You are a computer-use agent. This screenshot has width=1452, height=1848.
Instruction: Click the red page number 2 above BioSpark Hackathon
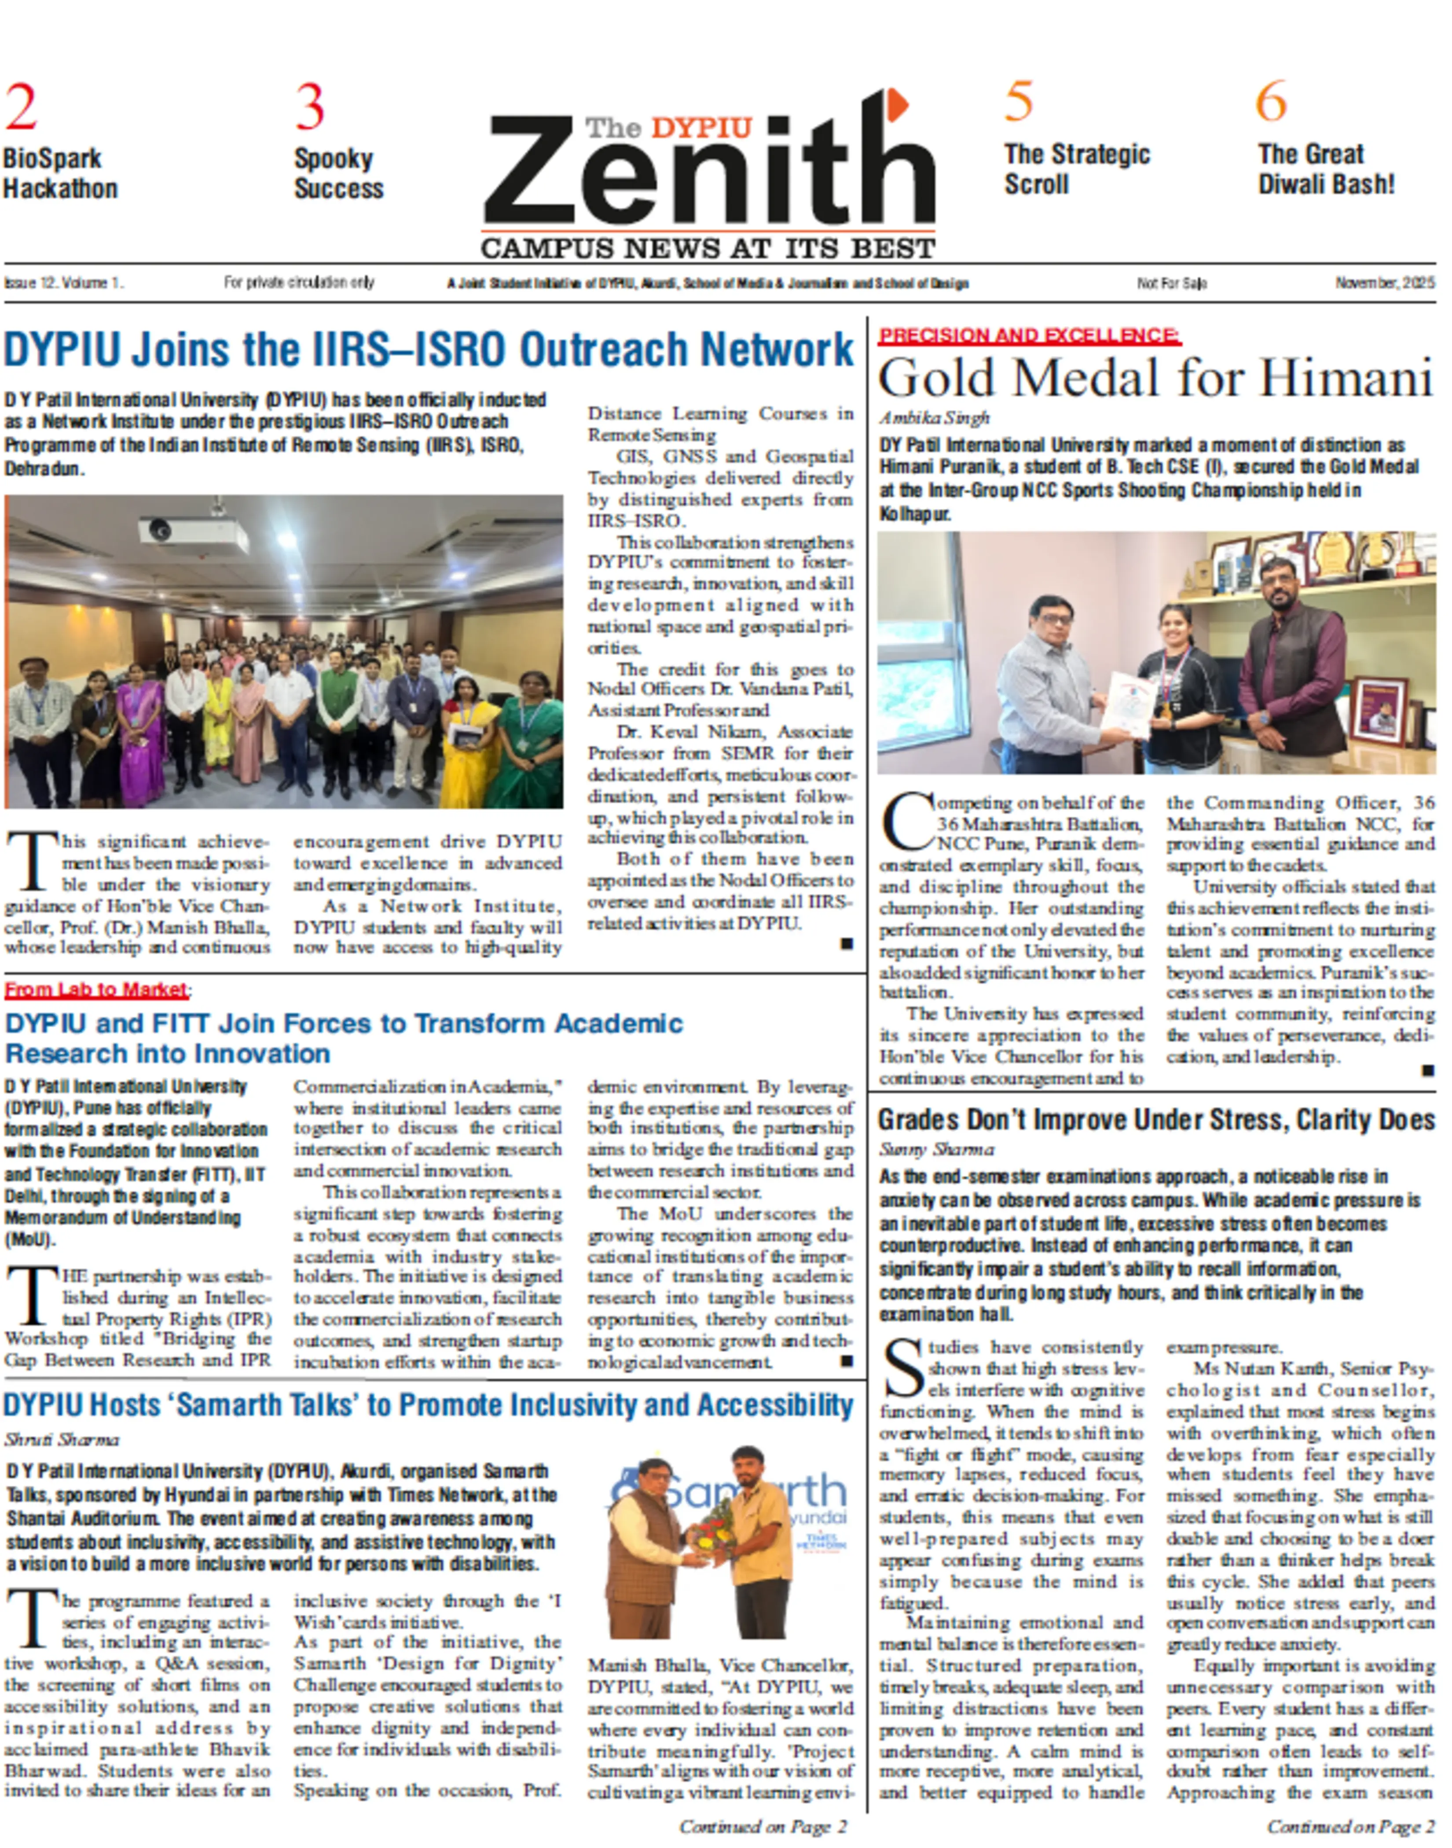21,108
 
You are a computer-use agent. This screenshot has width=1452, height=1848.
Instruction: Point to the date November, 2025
1384,283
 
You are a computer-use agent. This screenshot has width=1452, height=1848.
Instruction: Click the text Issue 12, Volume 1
64,283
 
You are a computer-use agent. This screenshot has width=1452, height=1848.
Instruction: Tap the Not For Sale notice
1171,283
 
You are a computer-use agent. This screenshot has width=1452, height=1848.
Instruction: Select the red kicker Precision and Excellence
1029,336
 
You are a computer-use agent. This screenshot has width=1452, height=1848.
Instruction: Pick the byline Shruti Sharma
62,1439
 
